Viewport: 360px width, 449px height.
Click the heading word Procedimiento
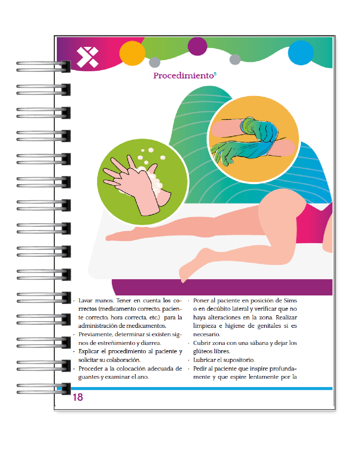coord(183,76)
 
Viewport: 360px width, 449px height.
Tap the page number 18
coord(78,397)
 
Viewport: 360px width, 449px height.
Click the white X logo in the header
coord(87,57)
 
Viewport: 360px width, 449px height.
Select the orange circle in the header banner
coord(132,53)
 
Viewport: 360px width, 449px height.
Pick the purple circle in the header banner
coord(197,46)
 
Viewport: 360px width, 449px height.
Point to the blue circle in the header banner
coord(300,53)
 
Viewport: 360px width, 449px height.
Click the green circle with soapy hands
coord(142,182)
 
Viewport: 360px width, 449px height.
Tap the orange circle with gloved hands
coord(253,139)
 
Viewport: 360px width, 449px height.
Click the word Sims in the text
coord(290,301)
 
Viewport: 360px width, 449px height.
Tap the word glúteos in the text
coord(202,351)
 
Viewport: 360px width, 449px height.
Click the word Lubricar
coord(204,360)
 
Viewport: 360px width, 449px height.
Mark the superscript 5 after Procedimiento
coord(215,74)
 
